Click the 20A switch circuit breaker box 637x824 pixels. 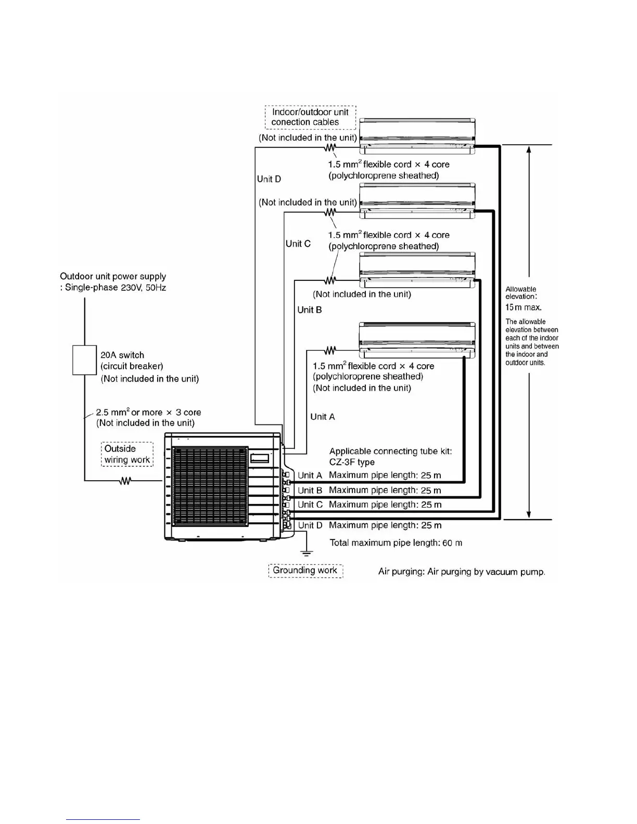click(84, 360)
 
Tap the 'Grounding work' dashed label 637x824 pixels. click(305, 571)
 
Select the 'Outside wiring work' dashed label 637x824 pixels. click(127, 454)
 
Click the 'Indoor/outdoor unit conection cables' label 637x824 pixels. click(310, 117)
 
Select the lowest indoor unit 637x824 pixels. click(417, 341)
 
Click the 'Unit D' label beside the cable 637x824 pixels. click(269, 179)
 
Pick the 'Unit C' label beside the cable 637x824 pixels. click(298, 243)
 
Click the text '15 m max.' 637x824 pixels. click(524, 307)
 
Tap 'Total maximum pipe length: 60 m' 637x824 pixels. click(396, 543)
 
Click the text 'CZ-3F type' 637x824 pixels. click(352, 462)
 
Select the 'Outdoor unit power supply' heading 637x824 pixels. click(113, 276)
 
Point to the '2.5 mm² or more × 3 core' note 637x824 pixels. click(148, 413)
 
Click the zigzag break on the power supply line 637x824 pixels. click(125, 481)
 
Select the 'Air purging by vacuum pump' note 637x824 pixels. click(462, 572)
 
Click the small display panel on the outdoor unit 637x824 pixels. click(260, 458)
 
